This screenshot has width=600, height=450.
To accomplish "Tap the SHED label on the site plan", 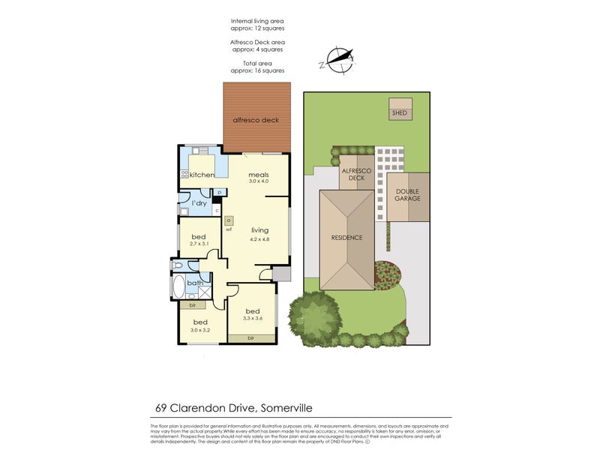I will tap(399, 113).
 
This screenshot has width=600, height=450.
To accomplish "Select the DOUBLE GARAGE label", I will tap(407, 194).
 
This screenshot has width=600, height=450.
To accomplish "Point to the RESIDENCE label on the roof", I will tap(346, 238).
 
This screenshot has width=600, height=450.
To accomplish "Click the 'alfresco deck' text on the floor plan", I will tap(255, 119).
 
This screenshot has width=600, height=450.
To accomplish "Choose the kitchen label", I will tap(202, 175).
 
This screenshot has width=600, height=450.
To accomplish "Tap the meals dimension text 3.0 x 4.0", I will tap(258, 181).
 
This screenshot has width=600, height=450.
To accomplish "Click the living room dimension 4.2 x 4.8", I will tap(259, 239).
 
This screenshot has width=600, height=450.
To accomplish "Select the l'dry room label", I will tap(199, 203).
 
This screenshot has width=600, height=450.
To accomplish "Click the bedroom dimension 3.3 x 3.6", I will tap(252, 319).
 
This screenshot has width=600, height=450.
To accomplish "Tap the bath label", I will tap(195, 283).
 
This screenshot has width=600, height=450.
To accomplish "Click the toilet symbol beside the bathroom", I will tap(178, 265).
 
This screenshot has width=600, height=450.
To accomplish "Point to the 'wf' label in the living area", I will tap(228, 229).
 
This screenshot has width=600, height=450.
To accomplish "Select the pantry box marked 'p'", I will tap(218, 192).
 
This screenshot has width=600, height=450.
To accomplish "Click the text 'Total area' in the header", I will tap(257, 64).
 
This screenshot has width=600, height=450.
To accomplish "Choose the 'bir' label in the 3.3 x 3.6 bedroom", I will tap(252, 339).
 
